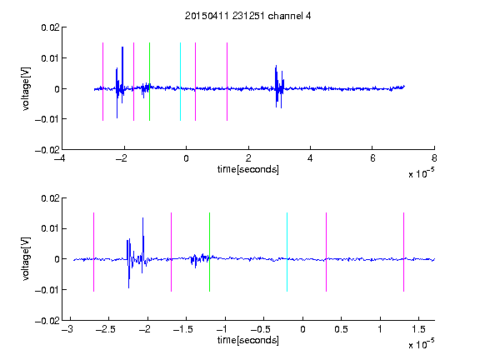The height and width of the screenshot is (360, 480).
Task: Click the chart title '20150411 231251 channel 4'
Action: pyautogui.click(x=247, y=16)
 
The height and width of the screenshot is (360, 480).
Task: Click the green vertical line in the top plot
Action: pyautogui.click(x=149, y=82)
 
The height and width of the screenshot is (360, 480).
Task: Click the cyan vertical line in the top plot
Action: pyautogui.click(x=180, y=82)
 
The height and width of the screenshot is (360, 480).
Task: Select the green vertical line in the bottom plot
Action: pyautogui.click(x=209, y=252)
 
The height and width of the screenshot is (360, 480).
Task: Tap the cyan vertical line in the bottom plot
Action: pyautogui.click(x=287, y=252)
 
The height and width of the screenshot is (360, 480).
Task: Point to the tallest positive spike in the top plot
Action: pyautogui.click(x=122, y=47)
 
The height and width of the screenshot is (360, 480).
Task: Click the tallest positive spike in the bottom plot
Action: pyautogui.click(x=142, y=218)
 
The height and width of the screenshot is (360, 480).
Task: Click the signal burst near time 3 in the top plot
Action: pyautogui.click(x=279, y=87)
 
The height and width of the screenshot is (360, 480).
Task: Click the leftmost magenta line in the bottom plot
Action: pyautogui.click(x=93, y=252)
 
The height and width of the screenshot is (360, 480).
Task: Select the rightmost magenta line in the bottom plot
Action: pyautogui.click(x=403, y=252)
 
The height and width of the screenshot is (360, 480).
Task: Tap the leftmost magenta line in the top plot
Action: pyautogui.click(x=102, y=82)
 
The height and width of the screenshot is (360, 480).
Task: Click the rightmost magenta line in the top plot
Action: pyautogui.click(x=227, y=82)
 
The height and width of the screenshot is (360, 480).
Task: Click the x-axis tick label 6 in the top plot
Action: pyautogui.click(x=372, y=158)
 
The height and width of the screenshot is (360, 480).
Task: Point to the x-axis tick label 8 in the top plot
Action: pyautogui.click(x=434, y=158)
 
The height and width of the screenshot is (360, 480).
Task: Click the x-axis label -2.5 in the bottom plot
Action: pyautogui.click(x=105, y=329)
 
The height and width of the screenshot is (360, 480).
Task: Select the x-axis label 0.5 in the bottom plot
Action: pyautogui.click(x=341, y=329)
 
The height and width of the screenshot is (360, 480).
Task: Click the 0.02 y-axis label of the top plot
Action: pyautogui.click(x=50, y=27)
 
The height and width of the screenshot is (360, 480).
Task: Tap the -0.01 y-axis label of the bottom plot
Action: pyautogui.click(x=47, y=290)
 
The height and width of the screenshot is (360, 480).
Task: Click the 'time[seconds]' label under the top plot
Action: pyautogui.click(x=248, y=169)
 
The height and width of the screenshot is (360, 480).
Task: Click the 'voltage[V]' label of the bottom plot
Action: pyautogui.click(x=27, y=258)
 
